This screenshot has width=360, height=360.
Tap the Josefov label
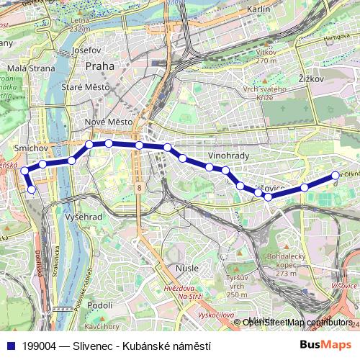(87, 52)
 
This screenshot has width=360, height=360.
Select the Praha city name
(99, 66)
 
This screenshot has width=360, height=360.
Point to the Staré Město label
(85, 87)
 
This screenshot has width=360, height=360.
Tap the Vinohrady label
(228, 156)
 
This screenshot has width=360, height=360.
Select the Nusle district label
(186, 269)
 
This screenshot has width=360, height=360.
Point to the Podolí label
(98, 305)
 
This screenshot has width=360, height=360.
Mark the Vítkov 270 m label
(266, 56)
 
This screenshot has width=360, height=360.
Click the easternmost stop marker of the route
(335, 176)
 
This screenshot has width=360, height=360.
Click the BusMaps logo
(325, 344)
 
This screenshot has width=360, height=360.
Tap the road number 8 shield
(137, 187)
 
